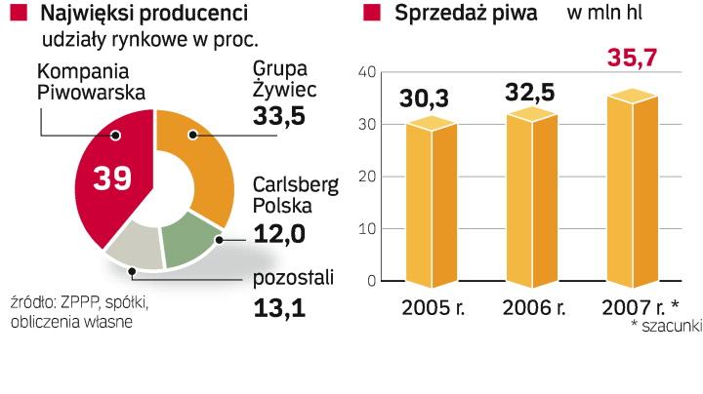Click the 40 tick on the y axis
point(366,72)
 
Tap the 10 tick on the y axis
point(366,229)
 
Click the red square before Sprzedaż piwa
point(371,13)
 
